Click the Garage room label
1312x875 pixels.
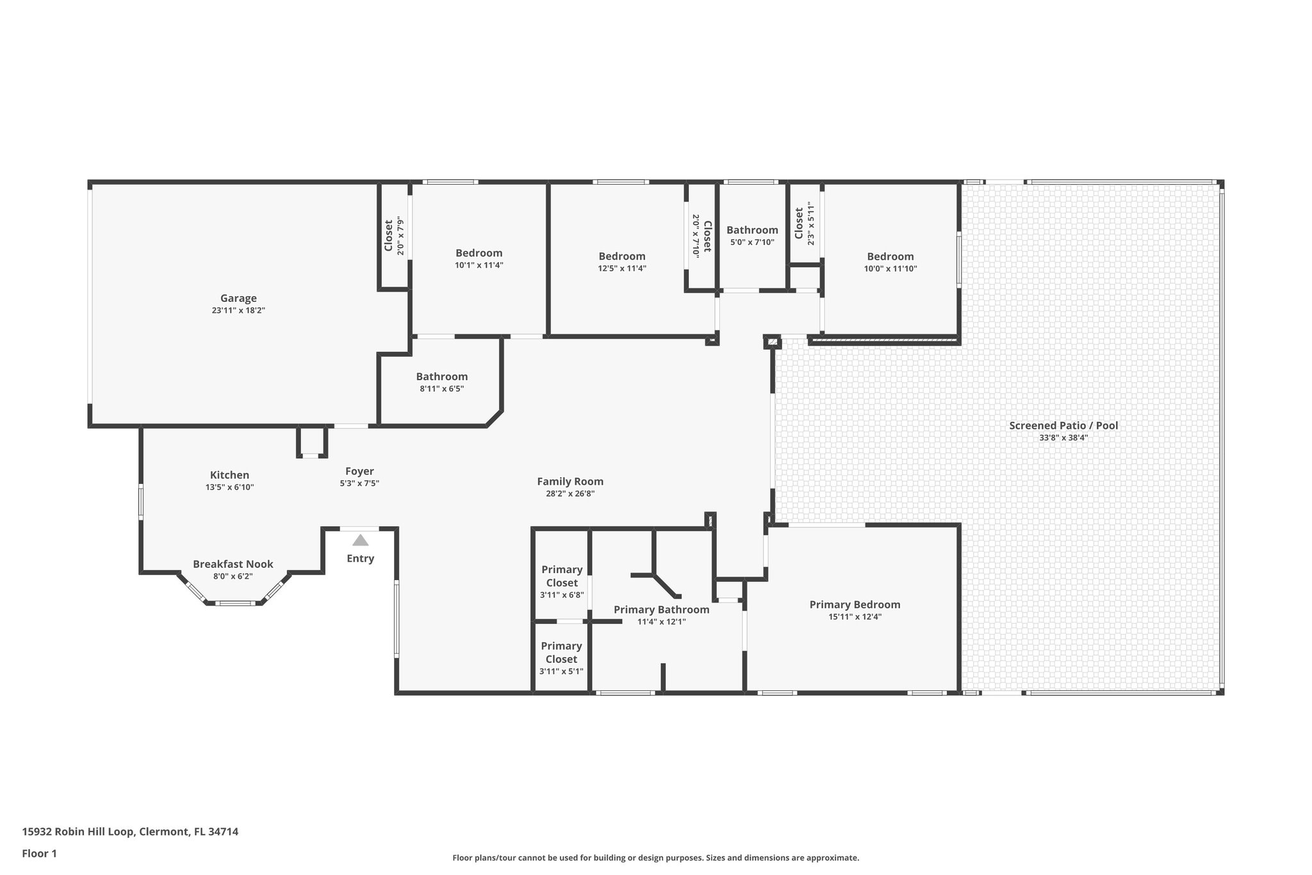pos(238,298)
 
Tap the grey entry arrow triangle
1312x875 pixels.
pos(361,540)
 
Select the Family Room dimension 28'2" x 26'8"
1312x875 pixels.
pos(570,494)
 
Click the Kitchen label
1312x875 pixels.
pos(229,475)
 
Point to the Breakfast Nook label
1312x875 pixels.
pos(233,564)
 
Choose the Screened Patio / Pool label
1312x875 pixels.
pos(1063,426)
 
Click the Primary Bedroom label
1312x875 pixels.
pos(855,604)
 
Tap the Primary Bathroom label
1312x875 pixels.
pos(661,610)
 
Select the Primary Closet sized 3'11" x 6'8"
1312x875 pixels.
pos(562,576)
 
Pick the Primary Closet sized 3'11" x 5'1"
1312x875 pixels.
pos(561,653)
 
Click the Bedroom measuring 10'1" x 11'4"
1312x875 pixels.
pos(479,253)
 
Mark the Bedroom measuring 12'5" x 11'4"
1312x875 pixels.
pos(621,256)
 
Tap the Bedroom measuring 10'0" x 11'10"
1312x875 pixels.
pos(890,256)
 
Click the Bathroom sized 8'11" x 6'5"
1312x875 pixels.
pos(441,377)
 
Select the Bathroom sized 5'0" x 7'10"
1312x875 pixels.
pos(752,230)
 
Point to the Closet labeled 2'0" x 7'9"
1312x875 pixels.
pos(389,236)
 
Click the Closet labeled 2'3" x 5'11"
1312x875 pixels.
pos(799,223)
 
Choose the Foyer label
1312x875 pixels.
pos(359,471)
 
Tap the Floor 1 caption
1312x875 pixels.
pos(40,853)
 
